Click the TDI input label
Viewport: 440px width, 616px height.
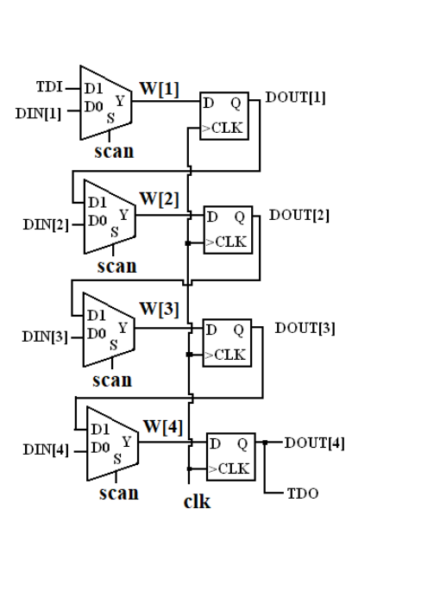(x=49, y=87)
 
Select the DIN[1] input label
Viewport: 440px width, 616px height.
(x=39, y=114)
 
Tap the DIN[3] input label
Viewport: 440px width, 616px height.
(x=45, y=336)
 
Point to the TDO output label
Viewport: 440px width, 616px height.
(x=303, y=493)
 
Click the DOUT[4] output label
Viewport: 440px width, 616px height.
(x=315, y=443)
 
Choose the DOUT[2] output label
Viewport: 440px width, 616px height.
(x=299, y=216)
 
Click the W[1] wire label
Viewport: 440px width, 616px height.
(x=160, y=89)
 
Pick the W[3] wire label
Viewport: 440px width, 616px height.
(x=160, y=309)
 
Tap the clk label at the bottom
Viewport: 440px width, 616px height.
(x=198, y=501)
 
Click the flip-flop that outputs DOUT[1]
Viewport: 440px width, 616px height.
(x=224, y=116)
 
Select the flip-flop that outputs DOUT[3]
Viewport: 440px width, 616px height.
(x=227, y=343)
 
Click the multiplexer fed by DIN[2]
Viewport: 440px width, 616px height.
(x=110, y=217)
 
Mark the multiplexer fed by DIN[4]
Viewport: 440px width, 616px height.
(x=113, y=443)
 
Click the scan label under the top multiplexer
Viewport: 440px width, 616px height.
(x=115, y=152)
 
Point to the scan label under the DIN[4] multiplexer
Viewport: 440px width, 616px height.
(x=119, y=493)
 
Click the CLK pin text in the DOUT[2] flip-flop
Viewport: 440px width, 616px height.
(x=231, y=242)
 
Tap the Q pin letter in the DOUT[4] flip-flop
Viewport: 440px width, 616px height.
(x=242, y=444)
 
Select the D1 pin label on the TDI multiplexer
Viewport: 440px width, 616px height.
(x=93, y=88)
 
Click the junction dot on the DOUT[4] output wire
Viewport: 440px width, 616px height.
(x=265, y=443)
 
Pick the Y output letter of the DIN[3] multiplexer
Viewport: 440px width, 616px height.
(x=123, y=327)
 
